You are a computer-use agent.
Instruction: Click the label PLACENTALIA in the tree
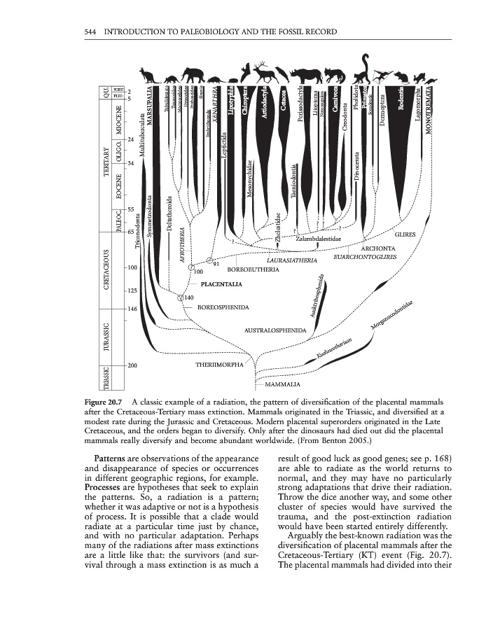point(221,285)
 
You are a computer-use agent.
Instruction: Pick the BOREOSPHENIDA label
point(223,307)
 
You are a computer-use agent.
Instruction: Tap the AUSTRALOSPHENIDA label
point(275,330)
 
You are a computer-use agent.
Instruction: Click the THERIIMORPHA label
point(220,365)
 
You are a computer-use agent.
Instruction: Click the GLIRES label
point(405,235)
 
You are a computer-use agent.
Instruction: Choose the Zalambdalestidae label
point(318,239)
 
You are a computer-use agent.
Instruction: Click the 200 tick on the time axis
point(132,365)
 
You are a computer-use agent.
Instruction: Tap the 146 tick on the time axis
point(132,308)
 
